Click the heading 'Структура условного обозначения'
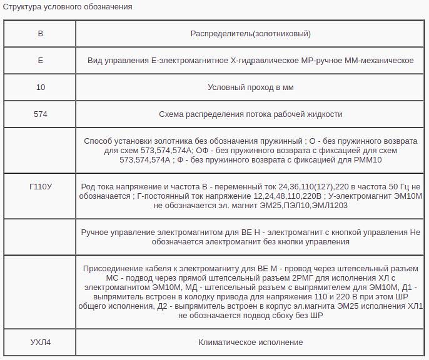coord(68,7)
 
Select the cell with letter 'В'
coord(41,34)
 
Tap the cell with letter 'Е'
coord(41,61)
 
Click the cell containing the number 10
coord(41,87)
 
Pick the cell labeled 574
coord(41,114)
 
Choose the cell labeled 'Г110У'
coord(41,186)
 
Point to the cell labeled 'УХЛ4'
coord(41,342)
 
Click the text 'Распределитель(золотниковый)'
coord(250,34)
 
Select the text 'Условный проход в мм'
coord(250,87)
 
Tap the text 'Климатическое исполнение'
coord(250,342)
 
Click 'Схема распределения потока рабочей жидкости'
coord(250,114)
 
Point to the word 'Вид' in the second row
coord(94,61)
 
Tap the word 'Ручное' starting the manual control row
coord(96,232)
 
